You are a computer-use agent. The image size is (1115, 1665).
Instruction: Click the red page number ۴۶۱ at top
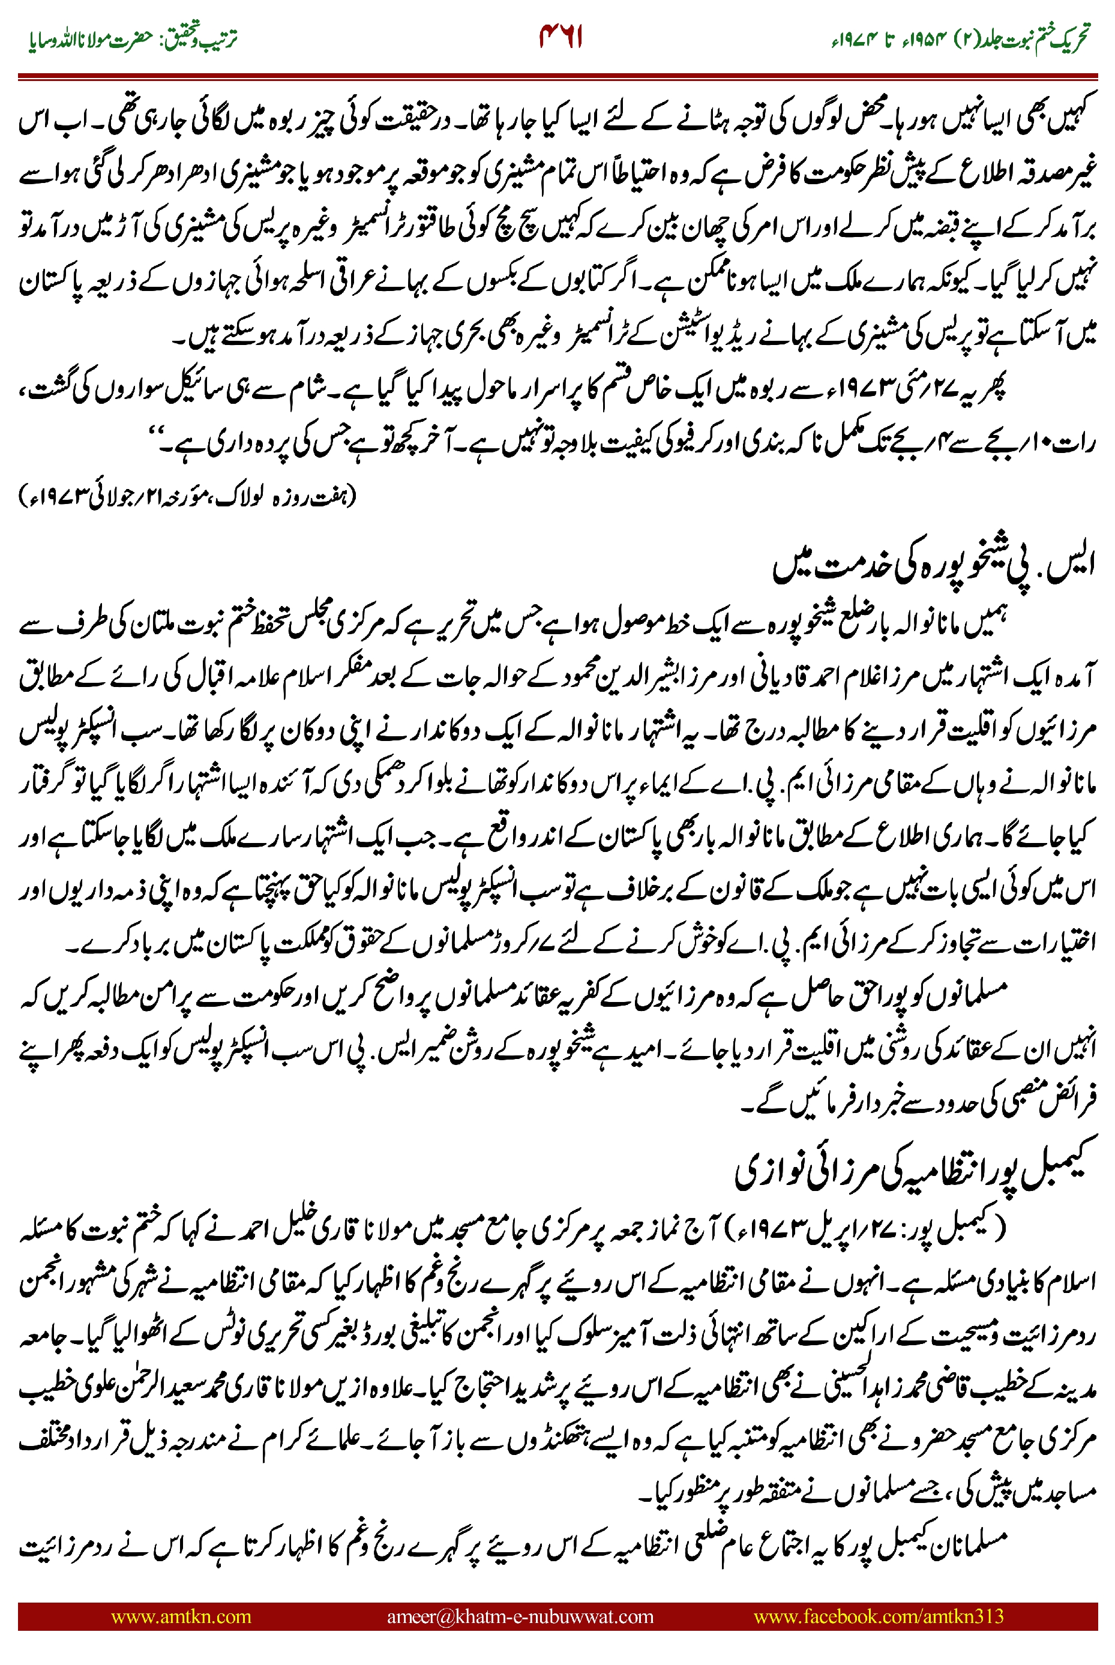(561, 37)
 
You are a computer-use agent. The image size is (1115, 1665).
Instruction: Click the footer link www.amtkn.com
(181, 1616)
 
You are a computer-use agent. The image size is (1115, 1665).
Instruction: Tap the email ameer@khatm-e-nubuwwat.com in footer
(520, 1616)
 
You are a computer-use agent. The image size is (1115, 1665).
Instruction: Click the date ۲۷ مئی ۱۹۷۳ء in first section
(903, 389)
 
